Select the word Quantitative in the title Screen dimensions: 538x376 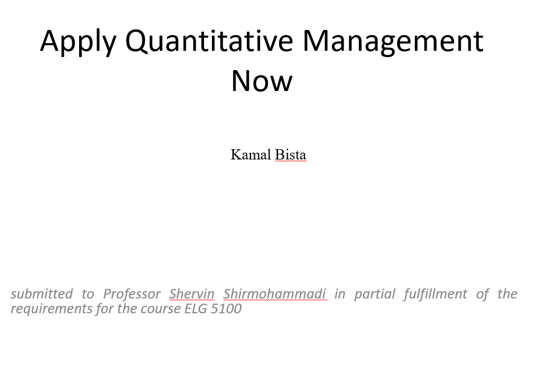209,41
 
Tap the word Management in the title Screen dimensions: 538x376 393,41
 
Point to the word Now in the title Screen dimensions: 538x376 262,81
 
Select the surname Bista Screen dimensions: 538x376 290,154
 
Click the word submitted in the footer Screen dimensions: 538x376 41,294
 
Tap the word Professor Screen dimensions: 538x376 132,294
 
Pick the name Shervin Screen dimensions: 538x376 192,294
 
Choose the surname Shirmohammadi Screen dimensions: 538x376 275,294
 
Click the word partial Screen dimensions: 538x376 375,295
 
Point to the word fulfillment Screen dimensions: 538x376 435,295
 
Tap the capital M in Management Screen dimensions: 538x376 316,41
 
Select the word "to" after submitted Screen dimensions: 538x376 88,295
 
